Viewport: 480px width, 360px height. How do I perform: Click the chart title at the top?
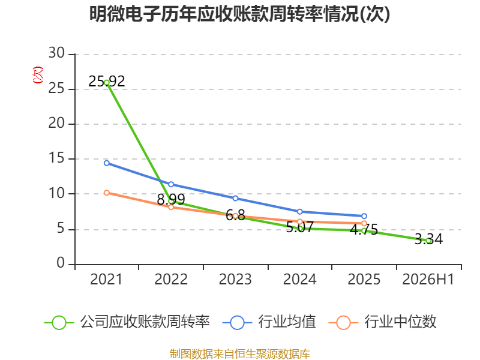click(x=239, y=14)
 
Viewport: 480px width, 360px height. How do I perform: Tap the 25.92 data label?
click(x=107, y=82)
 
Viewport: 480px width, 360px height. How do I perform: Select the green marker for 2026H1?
click(x=429, y=241)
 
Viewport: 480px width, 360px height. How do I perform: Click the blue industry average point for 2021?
click(x=107, y=163)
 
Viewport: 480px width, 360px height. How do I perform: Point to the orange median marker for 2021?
click(x=107, y=193)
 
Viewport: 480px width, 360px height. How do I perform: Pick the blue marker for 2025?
click(x=364, y=216)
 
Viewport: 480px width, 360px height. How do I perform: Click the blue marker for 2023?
click(x=235, y=199)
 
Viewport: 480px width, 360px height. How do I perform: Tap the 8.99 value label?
click(x=171, y=200)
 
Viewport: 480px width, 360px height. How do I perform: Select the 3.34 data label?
click(x=428, y=239)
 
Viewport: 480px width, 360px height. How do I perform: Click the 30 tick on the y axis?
click(x=56, y=53)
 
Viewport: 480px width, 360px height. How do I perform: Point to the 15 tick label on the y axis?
click(x=56, y=158)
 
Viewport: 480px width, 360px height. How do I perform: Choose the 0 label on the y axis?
click(x=61, y=263)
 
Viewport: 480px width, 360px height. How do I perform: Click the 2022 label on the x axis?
click(x=171, y=280)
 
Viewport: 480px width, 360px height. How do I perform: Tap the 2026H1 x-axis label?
click(x=428, y=280)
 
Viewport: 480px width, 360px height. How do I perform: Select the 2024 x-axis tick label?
click(x=299, y=280)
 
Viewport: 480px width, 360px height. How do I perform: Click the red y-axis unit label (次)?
click(x=38, y=75)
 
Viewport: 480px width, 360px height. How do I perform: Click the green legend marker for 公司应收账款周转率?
click(x=59, y=323)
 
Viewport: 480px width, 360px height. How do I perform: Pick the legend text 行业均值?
click(x=287, y=322)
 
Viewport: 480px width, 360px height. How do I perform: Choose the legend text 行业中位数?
click(x=400, y=322)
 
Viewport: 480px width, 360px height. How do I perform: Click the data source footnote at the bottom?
click(x=239, y=354)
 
